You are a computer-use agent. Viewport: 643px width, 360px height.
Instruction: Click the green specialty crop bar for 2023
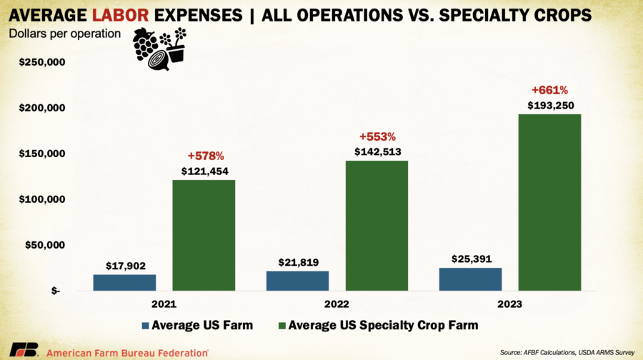point(549,202)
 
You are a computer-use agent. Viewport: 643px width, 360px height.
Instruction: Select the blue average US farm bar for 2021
point(124,282)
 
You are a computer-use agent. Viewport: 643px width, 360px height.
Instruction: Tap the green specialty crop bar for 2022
point(377,225)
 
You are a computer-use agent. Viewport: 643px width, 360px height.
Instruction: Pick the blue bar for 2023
point(470,279)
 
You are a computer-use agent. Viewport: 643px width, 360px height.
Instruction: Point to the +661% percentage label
point(549,91)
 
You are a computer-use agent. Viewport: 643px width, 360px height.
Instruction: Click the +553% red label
point(377,136)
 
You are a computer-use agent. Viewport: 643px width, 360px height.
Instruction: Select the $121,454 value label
point(204,171)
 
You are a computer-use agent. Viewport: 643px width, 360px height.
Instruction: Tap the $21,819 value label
point(297,261)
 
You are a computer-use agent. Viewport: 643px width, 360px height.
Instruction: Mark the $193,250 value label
point(549,105)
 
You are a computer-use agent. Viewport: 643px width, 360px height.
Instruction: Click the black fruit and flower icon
point(159,49)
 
